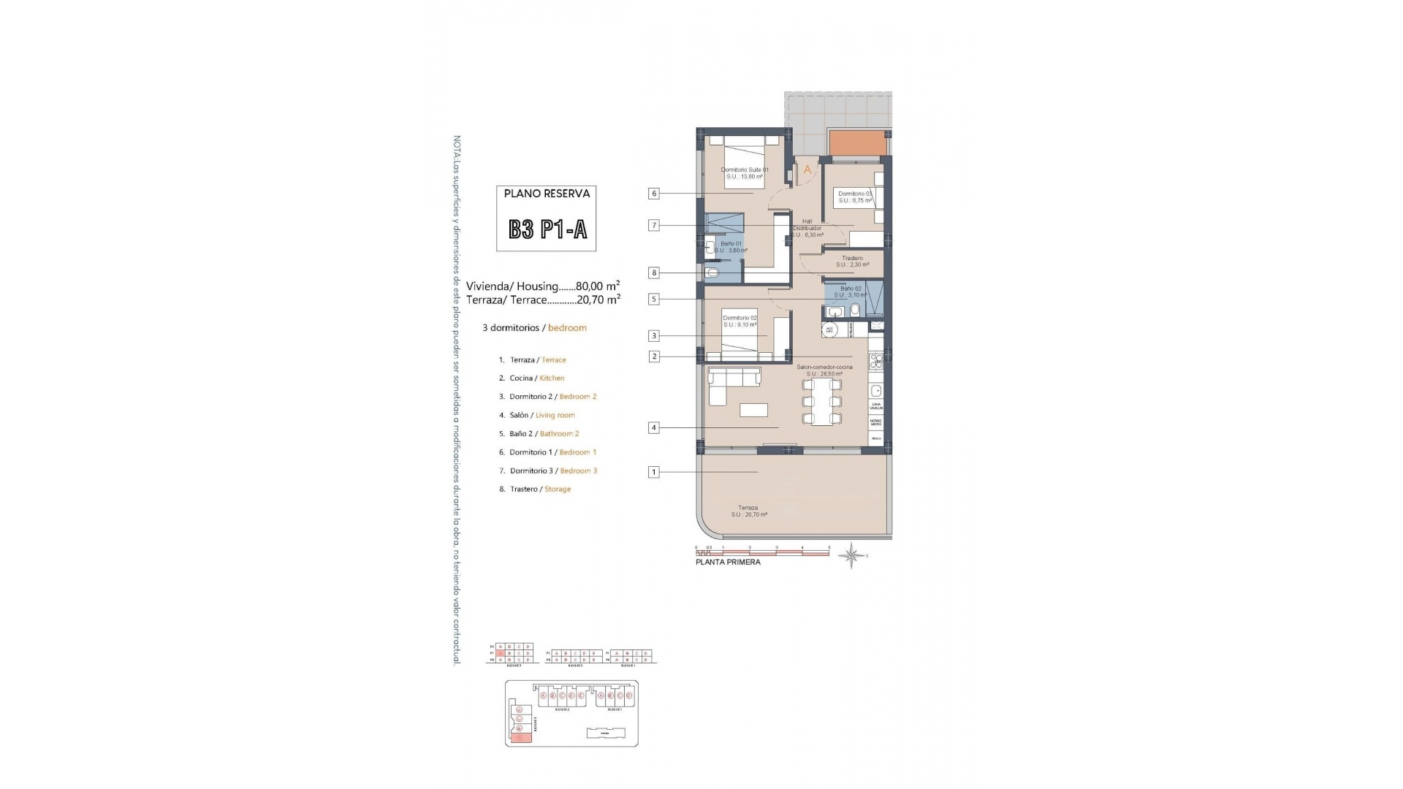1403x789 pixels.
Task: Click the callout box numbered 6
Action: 654,194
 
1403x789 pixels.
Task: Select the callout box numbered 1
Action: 654,472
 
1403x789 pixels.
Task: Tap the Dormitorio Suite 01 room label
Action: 745,173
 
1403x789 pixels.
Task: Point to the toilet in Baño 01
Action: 712,273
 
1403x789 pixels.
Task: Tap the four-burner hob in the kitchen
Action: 875,360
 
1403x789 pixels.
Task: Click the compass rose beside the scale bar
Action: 852,556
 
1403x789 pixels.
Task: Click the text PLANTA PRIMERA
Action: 728,563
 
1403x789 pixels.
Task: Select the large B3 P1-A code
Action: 548,230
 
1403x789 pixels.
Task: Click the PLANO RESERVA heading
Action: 547,194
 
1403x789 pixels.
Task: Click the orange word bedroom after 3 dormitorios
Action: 567,328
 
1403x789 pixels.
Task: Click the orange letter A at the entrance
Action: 807,169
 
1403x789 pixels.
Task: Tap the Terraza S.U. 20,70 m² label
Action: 748,511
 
